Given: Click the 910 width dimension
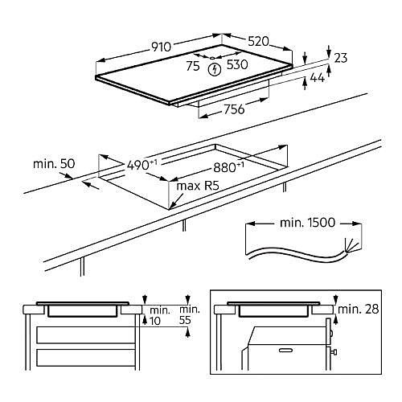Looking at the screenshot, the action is point(161,47).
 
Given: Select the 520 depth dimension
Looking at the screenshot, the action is point(258,42).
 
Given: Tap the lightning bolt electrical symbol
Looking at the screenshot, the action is point(215,70).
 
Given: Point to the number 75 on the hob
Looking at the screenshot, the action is point(193,66).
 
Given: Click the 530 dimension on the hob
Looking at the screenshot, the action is point(237,64).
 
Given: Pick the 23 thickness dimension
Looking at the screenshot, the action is point(341,58).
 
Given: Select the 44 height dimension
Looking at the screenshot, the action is point(318,78).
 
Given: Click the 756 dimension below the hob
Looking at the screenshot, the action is point(234,109).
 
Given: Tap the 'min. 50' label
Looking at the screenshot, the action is point(54,163).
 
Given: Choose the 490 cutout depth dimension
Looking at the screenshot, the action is point(142,165).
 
